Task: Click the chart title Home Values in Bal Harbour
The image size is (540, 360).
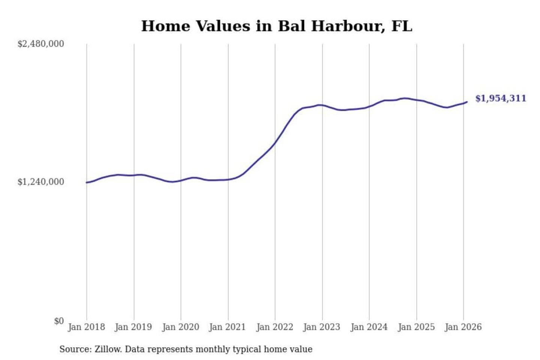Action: pos(277,26)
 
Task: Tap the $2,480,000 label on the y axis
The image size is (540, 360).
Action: pos(41,44)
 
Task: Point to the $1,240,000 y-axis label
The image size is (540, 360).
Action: pos(41,182)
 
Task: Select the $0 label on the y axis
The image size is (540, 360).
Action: pos(59,321)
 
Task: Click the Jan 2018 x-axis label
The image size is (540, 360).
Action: pos(86,327)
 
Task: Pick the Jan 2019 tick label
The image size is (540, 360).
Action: pos(133,327)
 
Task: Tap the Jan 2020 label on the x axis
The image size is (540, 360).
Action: pos(180,327)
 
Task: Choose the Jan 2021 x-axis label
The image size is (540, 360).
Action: pos(227,327)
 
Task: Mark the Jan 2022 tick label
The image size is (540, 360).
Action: pos(274,327)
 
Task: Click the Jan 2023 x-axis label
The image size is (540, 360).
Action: pos(321,327)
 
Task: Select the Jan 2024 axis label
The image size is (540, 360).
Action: pos(369,327)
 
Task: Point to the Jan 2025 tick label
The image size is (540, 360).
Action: pos(416,327)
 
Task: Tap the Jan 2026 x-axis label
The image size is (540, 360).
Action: pos(463,327)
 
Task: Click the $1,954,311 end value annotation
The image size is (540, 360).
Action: pos(501,98)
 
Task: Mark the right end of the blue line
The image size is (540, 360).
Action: pos(467,102)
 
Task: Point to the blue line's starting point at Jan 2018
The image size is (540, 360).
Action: pos(87,183)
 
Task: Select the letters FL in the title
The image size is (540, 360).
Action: pos(402,26)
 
